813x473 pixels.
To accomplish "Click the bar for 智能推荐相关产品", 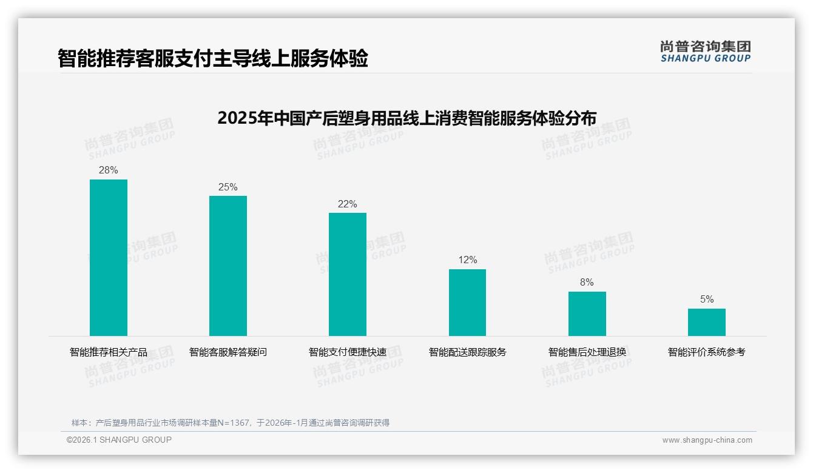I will point(109,257).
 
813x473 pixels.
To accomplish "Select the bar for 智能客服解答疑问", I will point(228,266).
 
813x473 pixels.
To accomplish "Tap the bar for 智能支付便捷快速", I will point(348,274).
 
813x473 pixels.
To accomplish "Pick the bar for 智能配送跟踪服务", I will point(467,302).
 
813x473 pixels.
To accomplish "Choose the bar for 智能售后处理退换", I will point(587,314).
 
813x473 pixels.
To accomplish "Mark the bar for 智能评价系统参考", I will point(706,322).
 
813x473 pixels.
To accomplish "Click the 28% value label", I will point(109,170).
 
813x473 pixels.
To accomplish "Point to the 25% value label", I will point(228,187).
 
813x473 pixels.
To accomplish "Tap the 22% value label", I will point(348,204).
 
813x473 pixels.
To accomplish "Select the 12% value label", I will point(467,260).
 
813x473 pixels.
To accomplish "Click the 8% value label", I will point(587,283).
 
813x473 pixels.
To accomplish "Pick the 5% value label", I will point(706,300).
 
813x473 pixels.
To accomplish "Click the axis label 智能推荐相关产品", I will point(109,352).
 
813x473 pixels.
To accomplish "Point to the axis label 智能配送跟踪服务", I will point(467,352).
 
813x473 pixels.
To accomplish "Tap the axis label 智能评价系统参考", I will point(706,352).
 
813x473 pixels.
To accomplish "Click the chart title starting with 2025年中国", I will point(406,118).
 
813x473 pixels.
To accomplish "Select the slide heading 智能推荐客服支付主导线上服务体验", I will point(213,59).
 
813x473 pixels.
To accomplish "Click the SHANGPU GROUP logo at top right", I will point(705,52).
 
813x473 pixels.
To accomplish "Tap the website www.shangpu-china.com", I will point(707,440).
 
